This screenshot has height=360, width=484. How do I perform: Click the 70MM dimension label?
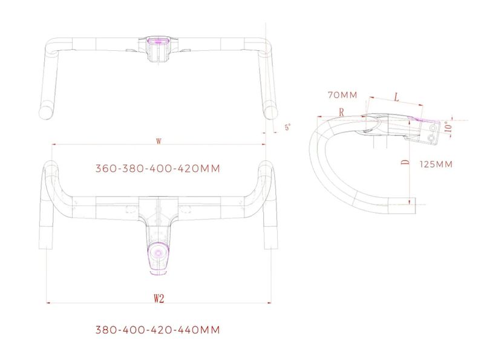point(341,95)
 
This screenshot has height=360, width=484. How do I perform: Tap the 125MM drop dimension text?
point(435,164)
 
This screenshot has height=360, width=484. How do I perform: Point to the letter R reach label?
point(342,112)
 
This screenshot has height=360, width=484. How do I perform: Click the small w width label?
point(159,141)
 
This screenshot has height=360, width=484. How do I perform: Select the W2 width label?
point(159,298)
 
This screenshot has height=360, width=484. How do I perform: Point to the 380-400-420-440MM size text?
point(157,330)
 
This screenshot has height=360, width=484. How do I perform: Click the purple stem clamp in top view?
point(160,41)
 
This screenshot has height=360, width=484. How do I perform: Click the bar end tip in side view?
point(413,204)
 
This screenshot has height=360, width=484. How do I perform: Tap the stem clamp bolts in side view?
point(432,132)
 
